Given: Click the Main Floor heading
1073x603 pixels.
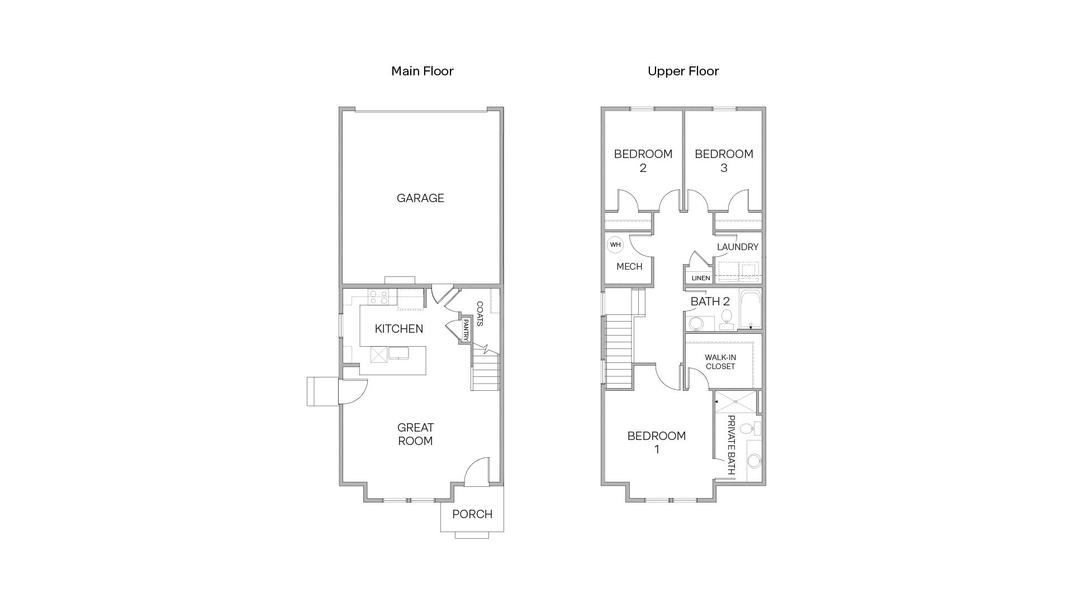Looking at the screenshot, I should [x=422, y=71].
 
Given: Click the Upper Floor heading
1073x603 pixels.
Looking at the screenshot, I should [x=683, y=71].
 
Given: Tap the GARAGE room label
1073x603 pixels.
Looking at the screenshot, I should [x=420, y=198].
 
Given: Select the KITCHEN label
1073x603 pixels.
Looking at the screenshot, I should [x=398, y=329].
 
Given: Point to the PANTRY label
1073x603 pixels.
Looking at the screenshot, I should [x=465, y=330].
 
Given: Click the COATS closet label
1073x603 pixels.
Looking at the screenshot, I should [x=479, y=314].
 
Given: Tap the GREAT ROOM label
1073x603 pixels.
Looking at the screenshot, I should [x=415, y=434].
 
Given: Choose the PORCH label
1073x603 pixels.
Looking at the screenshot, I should [x=472, y=514].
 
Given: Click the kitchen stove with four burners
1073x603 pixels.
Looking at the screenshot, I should [x=378, y=297].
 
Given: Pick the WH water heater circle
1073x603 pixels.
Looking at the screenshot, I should [x=615, y=245].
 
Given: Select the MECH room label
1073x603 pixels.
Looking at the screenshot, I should [x=629, y=267].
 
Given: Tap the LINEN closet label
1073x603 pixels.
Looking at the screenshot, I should [x=701, y=278].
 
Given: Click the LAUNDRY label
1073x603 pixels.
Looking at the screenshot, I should [x=737, y=247].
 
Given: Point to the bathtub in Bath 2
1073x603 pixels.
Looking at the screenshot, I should [x=750, y=309].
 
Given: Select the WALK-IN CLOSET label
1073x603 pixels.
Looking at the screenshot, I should [x=720, y=362].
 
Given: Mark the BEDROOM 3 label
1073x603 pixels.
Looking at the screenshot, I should [x=724, y=161].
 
